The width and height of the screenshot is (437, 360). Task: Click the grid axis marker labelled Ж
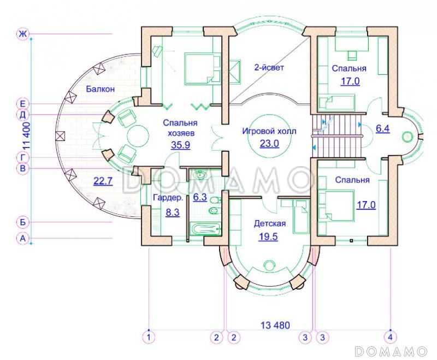[22, 34]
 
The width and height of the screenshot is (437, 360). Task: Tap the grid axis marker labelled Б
[22, 222]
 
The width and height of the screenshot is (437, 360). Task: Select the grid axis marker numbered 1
[149, 337]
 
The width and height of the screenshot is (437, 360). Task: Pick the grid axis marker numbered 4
[390, 337]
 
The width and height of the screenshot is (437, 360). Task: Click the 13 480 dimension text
[275, 325]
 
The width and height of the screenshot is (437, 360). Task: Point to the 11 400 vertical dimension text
[26, 137]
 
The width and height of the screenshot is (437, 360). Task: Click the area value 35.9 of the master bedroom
[181, 145]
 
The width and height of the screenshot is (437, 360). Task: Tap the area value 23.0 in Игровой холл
[269, 144]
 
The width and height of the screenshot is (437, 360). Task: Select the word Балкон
[101, 89]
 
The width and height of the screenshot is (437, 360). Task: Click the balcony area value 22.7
[103, 181]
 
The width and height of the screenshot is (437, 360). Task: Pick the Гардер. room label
[168, 198]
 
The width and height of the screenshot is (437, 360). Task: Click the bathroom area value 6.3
[200, 197]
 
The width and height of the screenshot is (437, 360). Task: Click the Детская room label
[270, 223]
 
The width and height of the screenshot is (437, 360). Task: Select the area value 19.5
[268, 237]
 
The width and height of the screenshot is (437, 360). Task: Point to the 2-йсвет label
[269, 67]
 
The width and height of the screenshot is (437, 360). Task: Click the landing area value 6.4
[383, 129]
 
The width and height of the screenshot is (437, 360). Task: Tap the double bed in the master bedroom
[202, 69]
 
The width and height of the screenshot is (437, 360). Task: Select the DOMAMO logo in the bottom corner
[391, 351]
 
